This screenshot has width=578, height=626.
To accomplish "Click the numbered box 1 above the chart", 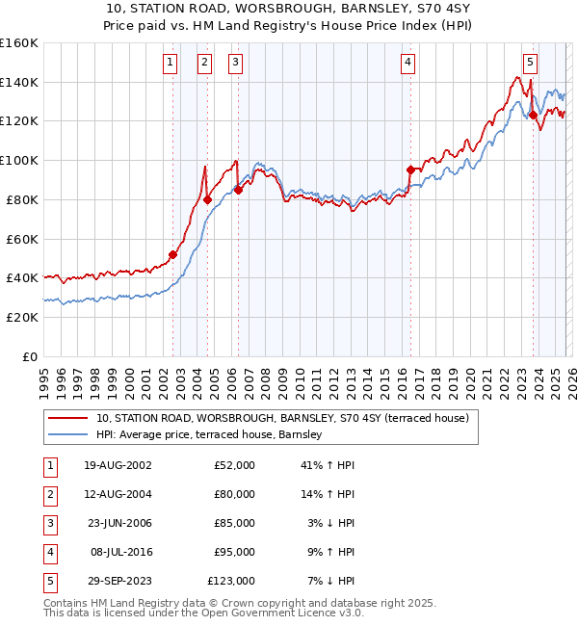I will click(x=170, y=63).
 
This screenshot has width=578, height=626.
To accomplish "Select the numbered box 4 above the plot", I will click(x=408, y=63).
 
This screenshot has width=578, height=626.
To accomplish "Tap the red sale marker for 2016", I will click(x=410, y=170).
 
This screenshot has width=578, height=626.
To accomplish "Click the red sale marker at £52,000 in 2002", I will click(x=173, y=254).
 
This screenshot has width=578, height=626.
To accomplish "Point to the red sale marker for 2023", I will click(x=533, y=115).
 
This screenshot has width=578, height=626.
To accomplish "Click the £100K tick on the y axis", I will click(x=19, y=160).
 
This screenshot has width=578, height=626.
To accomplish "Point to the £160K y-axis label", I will click(x=19, y=43).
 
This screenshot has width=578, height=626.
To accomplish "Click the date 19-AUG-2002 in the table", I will click(x=118, y=465).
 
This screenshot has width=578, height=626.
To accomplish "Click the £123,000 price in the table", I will click(x=231, y=581).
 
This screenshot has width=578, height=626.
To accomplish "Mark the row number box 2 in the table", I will click(x=47, y=494).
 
